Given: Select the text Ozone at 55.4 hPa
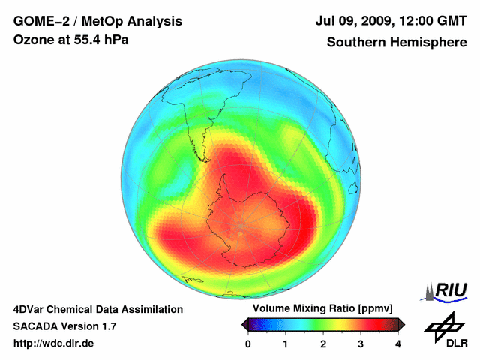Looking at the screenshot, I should [x=71, y=40].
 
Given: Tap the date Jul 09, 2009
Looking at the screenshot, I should [x=352, y=22].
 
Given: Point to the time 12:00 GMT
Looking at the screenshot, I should [x=428, y=22].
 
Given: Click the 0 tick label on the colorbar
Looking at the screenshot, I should [x=248, y=343].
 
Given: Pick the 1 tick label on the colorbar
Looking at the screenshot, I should [x=286, y=343].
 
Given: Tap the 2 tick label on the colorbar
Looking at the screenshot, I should [x=323, y=343].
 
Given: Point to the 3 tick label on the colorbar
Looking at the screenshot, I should [x=361, y=343].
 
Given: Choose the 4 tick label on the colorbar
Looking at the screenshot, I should [x=398, y=343].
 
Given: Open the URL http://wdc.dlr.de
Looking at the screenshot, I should [x=54, y=343].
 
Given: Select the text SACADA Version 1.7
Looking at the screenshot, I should [x=64, y=326].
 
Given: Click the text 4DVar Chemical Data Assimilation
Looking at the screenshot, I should [x=97, y=309].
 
